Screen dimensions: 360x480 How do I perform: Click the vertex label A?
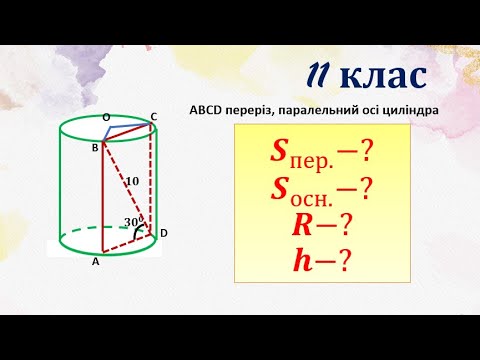coord(95,263)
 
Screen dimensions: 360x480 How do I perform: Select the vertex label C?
coord(154,117)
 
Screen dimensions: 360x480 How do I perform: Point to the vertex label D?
coord(163,233)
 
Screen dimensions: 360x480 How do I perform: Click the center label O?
coord(107,117)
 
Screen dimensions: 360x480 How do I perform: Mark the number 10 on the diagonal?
coord(131,180)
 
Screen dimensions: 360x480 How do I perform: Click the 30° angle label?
coord(129,222)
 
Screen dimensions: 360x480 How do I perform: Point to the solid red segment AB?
coord(100,200)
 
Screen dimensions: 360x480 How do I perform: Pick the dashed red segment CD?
coord(153,180)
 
